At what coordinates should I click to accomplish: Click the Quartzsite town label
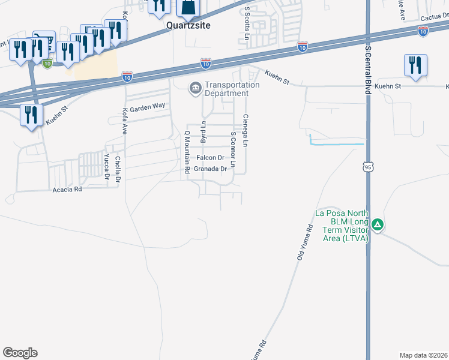(188, 27)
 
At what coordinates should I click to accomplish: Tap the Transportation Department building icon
(195, 89)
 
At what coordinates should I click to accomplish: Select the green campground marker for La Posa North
(378, 226)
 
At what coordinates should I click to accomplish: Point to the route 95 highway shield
(367, 167)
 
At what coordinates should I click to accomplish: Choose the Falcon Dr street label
(210, 157)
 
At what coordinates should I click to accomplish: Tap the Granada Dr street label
(211, 169)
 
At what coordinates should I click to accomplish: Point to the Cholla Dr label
(118, 169)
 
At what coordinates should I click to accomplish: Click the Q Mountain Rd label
(187, 153)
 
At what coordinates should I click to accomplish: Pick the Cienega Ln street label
(245, 131)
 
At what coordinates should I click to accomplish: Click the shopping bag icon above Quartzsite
(187, 8)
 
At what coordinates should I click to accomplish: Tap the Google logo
(20, 353)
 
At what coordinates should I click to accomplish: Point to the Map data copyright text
(424, 355)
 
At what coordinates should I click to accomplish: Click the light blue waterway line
(336, 144)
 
